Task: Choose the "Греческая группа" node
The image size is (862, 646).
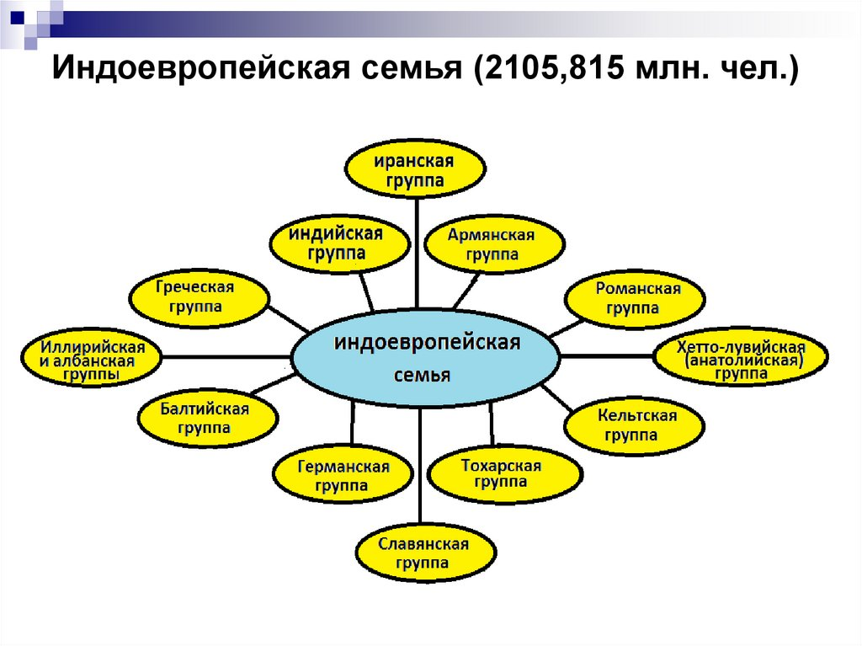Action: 200,296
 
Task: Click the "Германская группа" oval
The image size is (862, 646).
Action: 342,477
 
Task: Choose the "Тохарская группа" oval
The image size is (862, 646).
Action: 503,473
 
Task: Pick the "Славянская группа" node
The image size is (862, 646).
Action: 423,553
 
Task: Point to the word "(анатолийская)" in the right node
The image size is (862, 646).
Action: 741,360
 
